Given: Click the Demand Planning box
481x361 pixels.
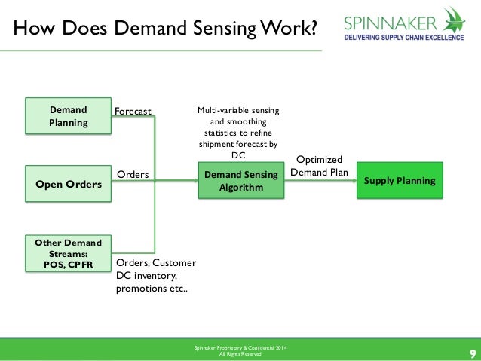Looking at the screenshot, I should (68, 116).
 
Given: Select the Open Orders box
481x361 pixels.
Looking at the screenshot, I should (68, 182).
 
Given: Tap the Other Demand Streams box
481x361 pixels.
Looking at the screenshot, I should (68, 253).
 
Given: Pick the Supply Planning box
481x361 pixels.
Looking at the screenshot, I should (400, 181).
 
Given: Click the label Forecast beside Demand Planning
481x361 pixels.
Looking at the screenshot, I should (133, 112).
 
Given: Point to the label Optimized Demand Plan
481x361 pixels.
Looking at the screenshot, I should (319, 167).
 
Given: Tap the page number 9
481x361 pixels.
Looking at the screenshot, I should (472, 353).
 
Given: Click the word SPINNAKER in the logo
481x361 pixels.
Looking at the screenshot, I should (392, 21).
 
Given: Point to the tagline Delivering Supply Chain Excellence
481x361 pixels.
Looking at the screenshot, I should (404, 36).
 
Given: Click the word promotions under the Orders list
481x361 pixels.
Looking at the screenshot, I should (141, 289).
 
